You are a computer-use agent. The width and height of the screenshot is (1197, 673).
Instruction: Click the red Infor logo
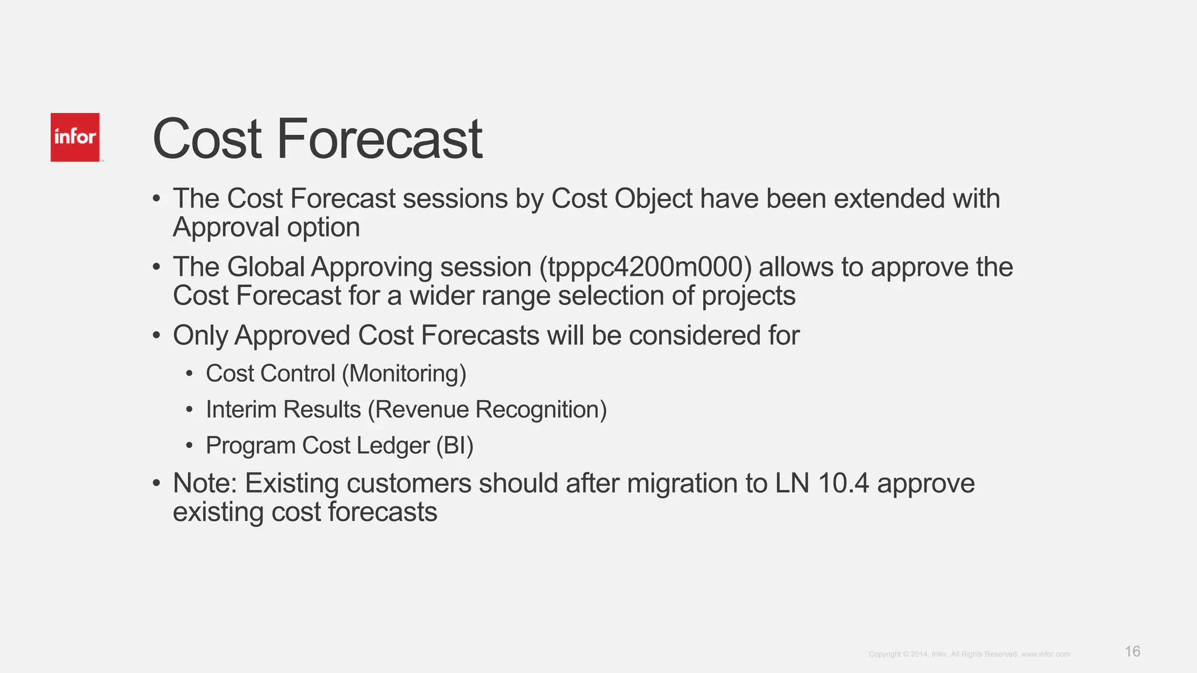(x=75, y=137)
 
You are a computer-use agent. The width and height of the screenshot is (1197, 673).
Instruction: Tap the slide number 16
(x=1132, y=651)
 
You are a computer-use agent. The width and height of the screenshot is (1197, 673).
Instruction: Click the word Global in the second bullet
(x=266, y=267)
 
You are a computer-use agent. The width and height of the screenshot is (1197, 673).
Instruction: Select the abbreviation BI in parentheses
(x=455, y=446)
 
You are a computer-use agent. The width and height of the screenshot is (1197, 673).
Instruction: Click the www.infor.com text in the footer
(x=1045, y=654)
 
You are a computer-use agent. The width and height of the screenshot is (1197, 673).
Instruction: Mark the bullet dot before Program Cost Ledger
(x=189, y=446)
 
